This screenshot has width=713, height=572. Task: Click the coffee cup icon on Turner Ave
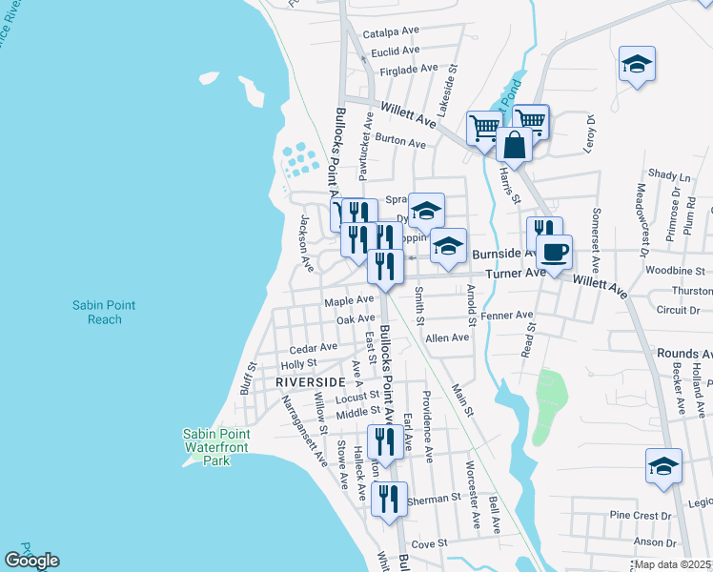tap(554, 253)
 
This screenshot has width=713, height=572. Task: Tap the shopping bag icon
tap(514, 146)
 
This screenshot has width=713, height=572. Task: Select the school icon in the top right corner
tap(637, 65)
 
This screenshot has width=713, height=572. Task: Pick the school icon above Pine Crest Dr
tap(663, 466)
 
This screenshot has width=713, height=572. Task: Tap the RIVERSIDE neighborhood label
tap(309, 381)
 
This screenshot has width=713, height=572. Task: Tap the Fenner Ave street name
tap(507, 315)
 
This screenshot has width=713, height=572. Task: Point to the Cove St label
tap(429, 543)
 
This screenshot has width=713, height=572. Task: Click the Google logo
tap(31, 561)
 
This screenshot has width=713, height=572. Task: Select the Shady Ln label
tap(668, 175)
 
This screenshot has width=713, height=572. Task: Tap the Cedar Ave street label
tap(314, 348)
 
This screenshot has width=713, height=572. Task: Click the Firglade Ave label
tap(408, 69)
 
